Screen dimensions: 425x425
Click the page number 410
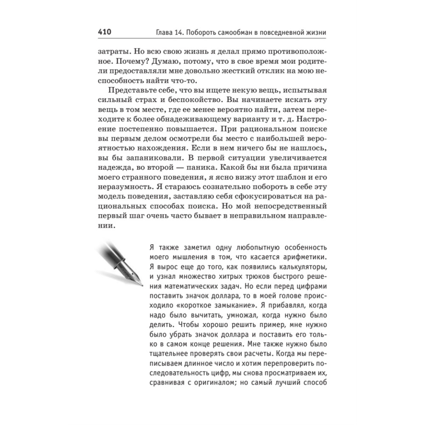click(105, 32)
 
